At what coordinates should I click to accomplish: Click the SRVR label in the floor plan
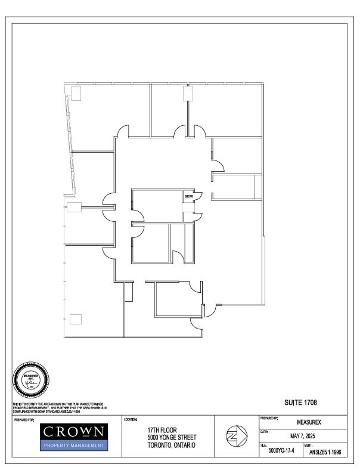[x=188, y=196]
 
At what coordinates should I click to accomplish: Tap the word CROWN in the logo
[x=75, y=431]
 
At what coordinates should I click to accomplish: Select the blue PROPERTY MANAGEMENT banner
[x=75, y=445]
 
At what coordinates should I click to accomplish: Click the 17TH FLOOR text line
[x=162, y=429]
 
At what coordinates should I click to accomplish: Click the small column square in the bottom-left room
[x=75, y=319]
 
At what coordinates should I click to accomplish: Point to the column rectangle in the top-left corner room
[x=76, y=93]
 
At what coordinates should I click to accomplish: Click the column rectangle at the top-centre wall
[x=188, y=93]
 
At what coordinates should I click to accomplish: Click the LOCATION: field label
[x=131, y=420]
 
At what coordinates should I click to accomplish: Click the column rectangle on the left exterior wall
[x=74, y=207]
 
